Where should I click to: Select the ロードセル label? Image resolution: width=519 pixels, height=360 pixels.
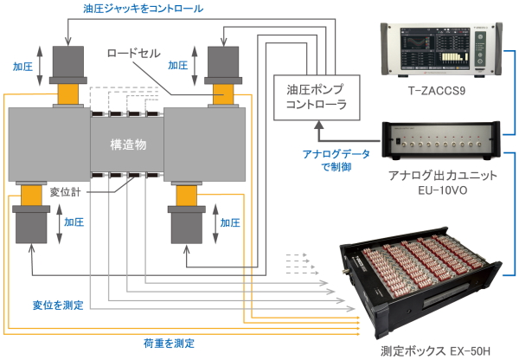tap(132, 54)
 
